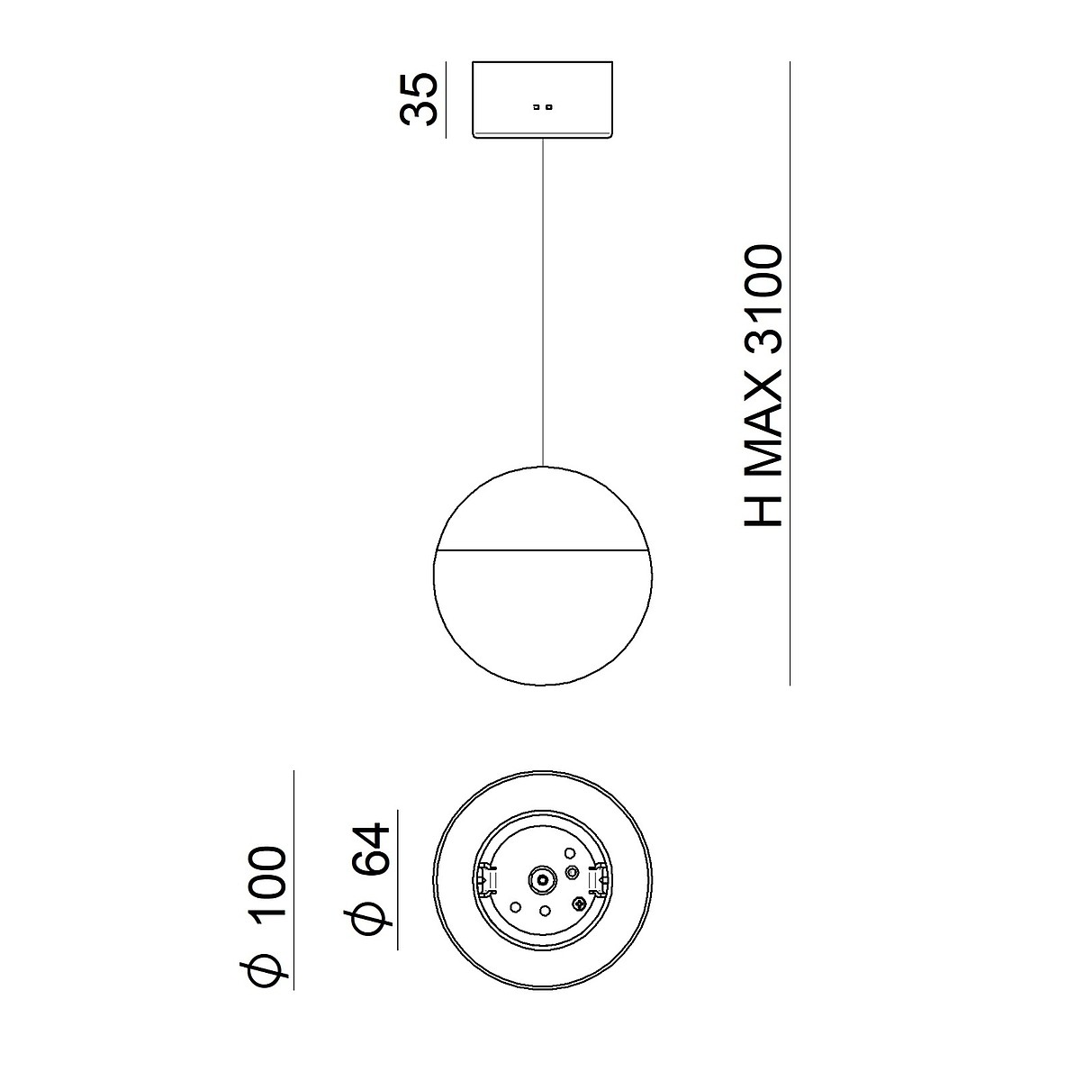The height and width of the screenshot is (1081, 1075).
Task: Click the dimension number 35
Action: click(x=418, y=99)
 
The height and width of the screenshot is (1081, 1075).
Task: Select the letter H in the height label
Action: click(x=763, y=509)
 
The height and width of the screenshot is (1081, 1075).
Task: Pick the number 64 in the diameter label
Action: click(x=370, y=849)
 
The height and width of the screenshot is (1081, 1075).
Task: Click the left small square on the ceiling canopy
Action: click(x=536, y=106)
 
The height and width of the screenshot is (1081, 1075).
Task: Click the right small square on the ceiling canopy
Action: click(x=548, y=106)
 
